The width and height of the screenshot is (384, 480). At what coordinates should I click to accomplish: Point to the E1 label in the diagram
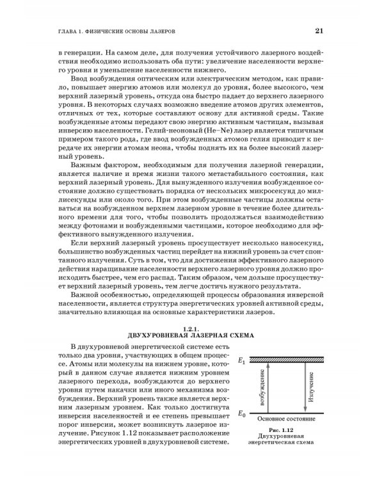(242, 363)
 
